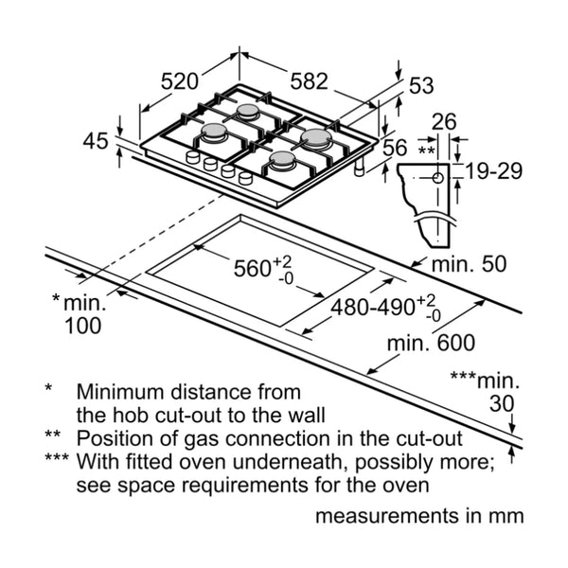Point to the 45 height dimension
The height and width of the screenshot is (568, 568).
tap(96, 141)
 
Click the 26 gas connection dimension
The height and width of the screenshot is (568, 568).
tap(444, 122)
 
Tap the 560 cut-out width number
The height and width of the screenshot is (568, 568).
tap(253, 269)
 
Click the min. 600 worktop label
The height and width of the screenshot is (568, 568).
tap(430, 343)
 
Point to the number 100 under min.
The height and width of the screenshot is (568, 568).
tap(83, 327)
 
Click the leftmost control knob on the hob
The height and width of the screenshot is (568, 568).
tap(193, 158)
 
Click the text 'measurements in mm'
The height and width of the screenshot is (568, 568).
tap(418, 517)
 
